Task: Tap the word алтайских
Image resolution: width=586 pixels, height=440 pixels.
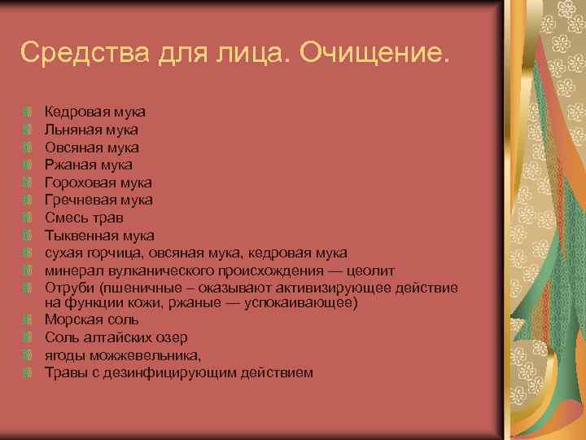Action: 110,338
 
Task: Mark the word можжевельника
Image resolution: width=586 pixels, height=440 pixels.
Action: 141,355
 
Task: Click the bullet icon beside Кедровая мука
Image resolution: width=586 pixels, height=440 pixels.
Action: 28,112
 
